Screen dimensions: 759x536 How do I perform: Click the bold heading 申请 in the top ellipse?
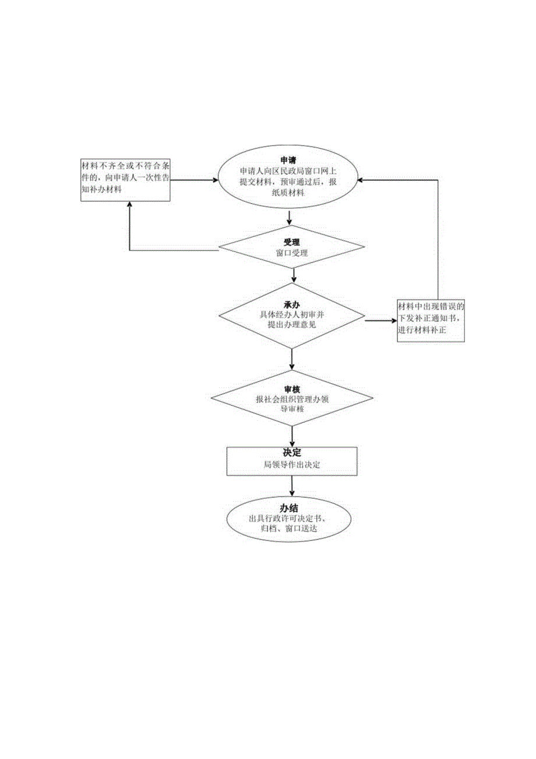[x=288, y=160]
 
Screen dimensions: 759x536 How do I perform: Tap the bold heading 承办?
[x=291, y=305]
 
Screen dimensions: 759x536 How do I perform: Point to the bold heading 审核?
[x=291, y=389]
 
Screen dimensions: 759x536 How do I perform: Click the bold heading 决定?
[x=291, y=452]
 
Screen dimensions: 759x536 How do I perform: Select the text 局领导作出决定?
[x=291, y=465]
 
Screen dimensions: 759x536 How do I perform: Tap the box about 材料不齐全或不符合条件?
[x=125, y=180]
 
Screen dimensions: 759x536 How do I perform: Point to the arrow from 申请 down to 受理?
[x=290, y=217]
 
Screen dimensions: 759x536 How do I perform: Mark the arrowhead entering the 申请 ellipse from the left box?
[x=214, y=180]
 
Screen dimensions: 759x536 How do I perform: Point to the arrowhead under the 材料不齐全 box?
[x=129, y=206]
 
